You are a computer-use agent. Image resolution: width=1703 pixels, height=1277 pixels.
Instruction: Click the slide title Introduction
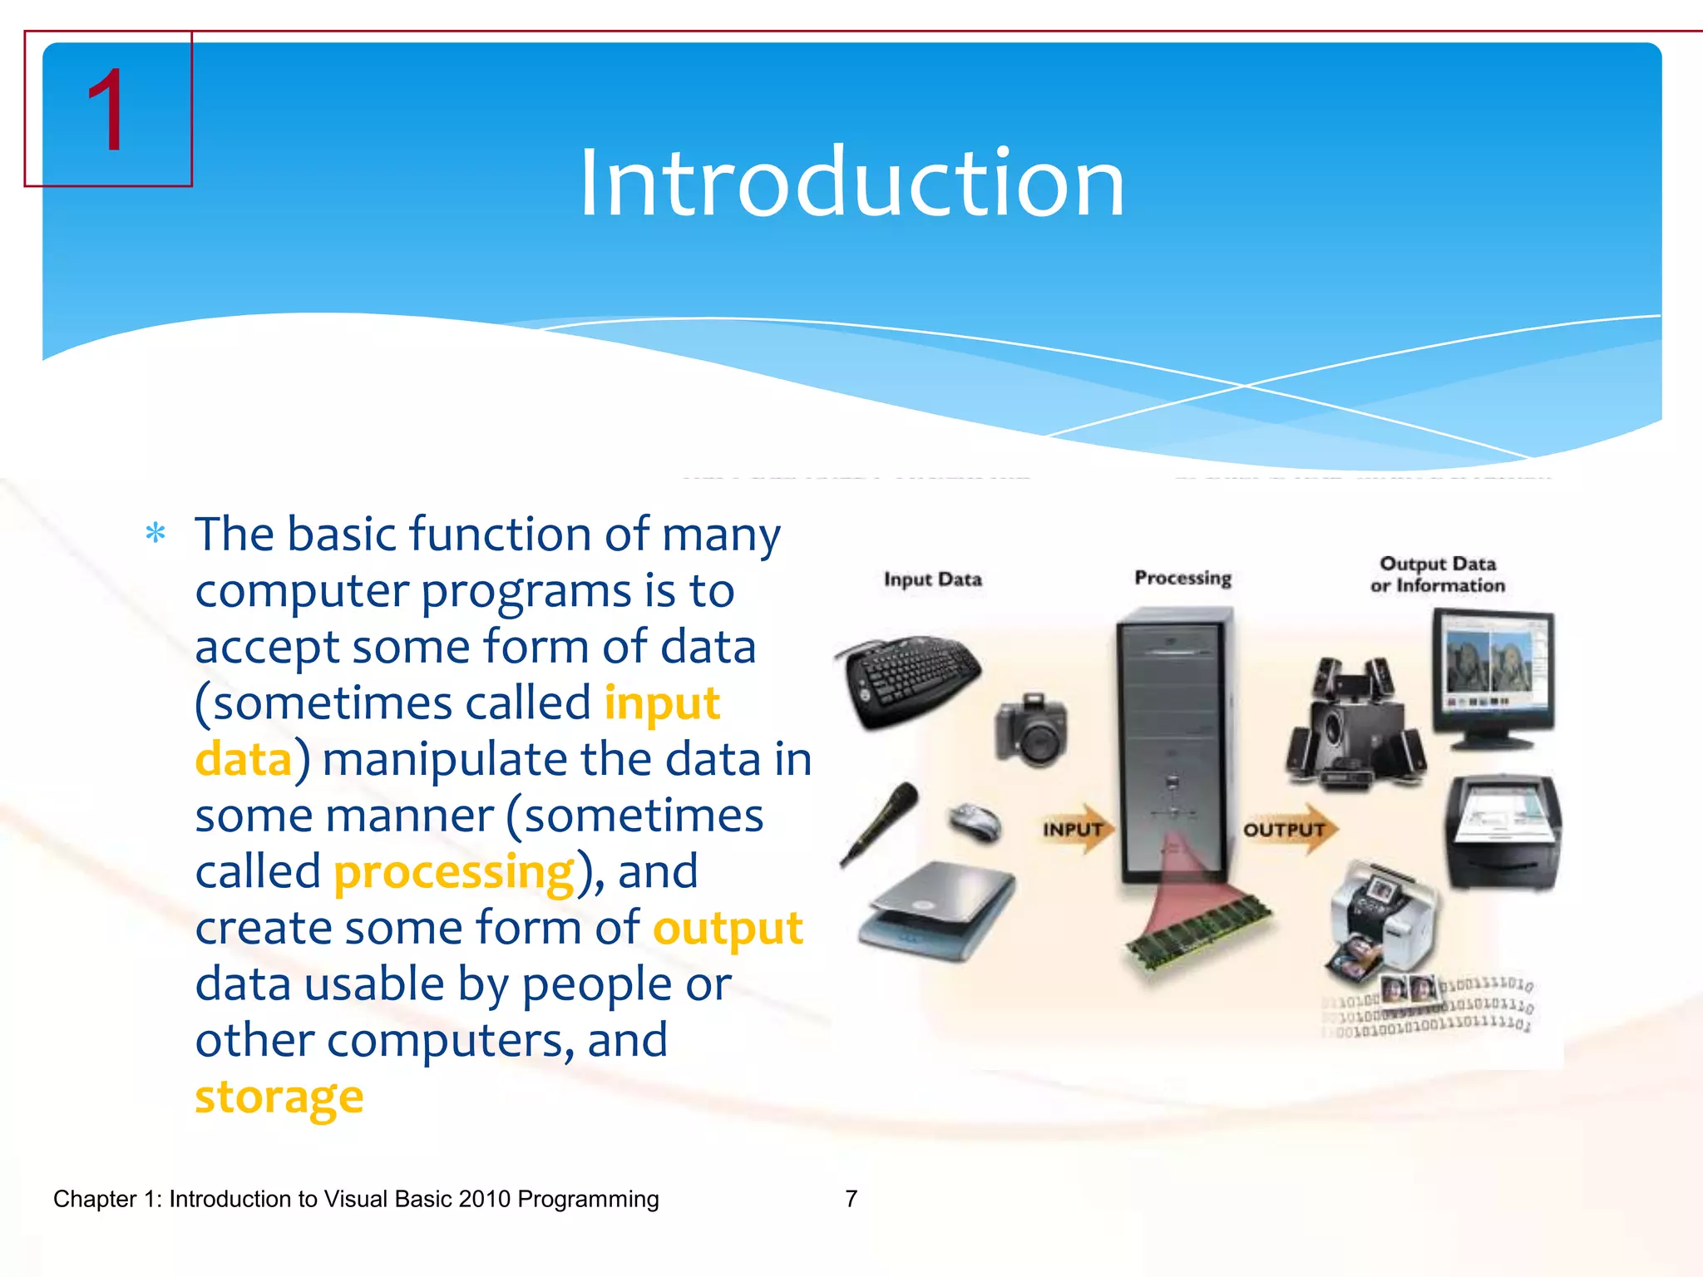click(x=851, y=183)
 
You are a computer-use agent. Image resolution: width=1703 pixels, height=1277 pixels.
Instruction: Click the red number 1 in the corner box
click(x=106, y=112)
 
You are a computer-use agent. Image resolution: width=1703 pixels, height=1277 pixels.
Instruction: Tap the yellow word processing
click(x=454, y=873)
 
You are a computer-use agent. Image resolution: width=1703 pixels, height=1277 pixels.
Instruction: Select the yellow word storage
click(x=279, y=1097)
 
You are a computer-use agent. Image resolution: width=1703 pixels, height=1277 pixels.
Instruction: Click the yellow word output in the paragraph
click(x=728, y=929)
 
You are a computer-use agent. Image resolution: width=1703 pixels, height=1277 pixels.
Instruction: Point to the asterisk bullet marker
click(x=155, y=533)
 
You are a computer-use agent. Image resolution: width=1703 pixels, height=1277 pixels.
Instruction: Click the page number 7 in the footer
click(x=851, y=1199)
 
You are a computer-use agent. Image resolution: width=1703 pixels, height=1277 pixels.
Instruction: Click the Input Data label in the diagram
click(x=932, y=579)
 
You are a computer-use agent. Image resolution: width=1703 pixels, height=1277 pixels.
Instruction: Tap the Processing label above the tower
click(x=1182, y=578)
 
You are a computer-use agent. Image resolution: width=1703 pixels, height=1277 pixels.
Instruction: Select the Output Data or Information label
click(x=1437, y=574)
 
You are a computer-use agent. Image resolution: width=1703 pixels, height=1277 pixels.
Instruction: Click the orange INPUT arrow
click(x=1077, y=829)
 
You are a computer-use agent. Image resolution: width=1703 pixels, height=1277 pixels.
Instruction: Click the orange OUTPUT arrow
click(x=1289, y=829)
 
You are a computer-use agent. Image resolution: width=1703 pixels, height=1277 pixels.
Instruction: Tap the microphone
click(x=880, y=823)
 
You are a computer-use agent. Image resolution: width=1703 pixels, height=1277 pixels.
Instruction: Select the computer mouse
click(x=975, y=821)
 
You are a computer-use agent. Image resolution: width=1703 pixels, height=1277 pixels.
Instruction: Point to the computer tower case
click(x=1172, y=740)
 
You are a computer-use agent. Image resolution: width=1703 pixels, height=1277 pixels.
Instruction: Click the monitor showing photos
click(x=1493, y=673)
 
